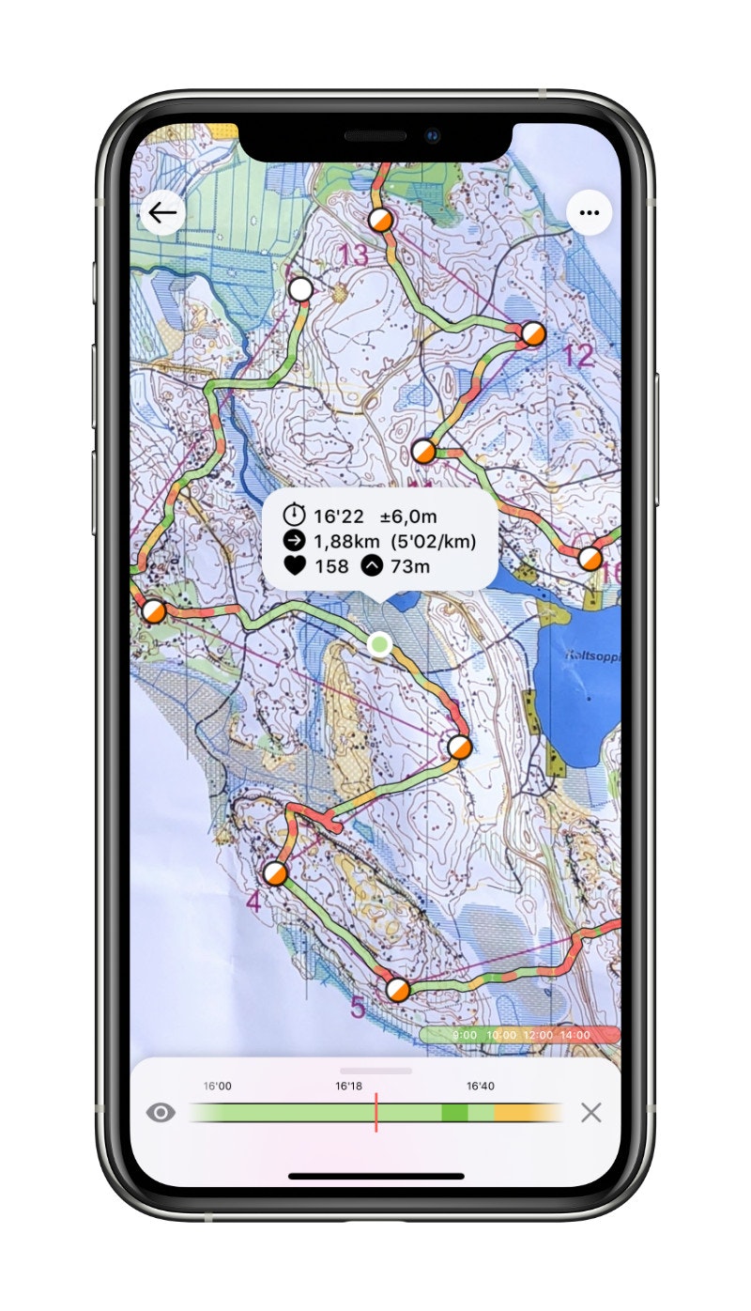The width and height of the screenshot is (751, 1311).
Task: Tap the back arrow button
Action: click(x=162, y=213)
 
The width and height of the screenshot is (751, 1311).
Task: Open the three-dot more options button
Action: click(x=589, y=213)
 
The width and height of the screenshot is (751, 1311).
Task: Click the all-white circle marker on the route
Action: click(x=300, y=289)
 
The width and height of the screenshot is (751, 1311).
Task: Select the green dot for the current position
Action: click(x=379, y=643)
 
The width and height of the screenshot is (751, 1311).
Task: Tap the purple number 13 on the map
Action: click(x=354, y=255)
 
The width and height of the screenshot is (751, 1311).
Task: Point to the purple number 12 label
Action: click(x=578, y=356)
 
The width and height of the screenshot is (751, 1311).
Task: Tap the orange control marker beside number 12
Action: click(x=532, y=333)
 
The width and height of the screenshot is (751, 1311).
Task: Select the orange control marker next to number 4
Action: click(x=275, y=874)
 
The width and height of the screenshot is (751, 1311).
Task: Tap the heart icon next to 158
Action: click(x=295, y=566)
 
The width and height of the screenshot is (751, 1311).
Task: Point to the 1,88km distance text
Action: click(x=347, y=541)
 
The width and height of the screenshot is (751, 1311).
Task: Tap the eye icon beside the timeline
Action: click(x=161, y=1113)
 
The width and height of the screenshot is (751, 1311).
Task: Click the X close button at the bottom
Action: click(x=590, y=1113)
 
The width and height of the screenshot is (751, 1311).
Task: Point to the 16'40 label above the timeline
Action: click(x=480, y=1086)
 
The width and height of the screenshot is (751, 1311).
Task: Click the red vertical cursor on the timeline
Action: click(x=375, y=1112)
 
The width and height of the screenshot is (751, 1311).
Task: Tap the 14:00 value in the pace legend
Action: click(x=574, y=1035)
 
